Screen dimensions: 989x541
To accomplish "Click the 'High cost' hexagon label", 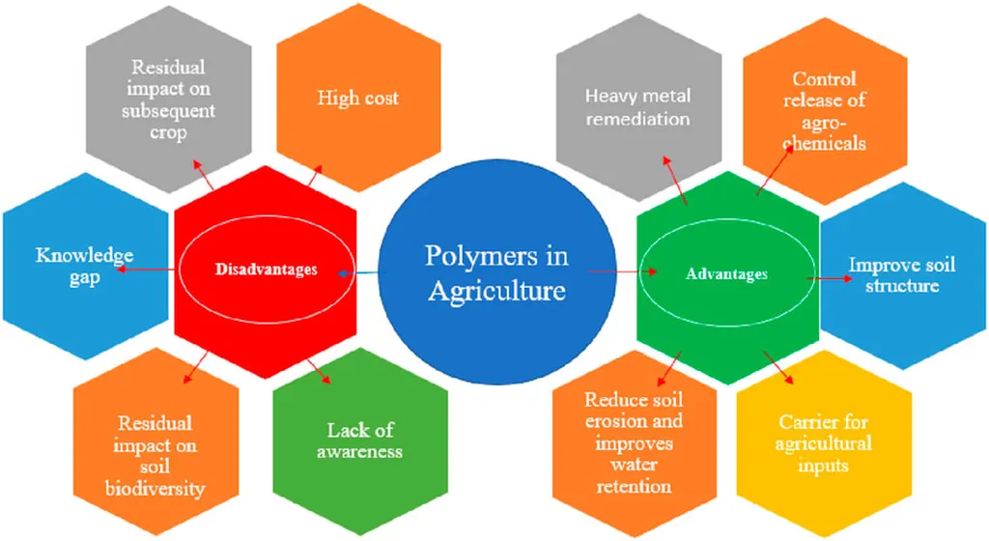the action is (357, 98).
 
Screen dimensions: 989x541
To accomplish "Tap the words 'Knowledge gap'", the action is (85, 266).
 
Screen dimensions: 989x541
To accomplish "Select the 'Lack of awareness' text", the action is (359, 441).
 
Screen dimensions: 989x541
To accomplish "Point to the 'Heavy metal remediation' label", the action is (637, 107).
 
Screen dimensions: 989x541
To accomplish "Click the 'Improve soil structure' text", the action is (902, 274).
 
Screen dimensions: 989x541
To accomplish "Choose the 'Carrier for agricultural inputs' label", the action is (823, 443).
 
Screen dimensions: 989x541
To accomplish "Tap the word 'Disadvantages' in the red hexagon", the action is (267, 270).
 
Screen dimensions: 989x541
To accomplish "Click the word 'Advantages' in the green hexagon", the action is (726, 273).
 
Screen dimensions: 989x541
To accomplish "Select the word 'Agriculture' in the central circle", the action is (497, 291).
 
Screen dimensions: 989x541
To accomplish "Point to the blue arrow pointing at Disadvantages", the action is (358, 273).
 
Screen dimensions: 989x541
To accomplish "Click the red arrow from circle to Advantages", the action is (623, 271).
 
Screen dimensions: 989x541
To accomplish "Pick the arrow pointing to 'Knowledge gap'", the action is (146, 270).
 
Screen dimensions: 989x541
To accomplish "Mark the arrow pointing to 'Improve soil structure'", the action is (830, 278).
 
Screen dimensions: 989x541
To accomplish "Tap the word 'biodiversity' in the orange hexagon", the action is (155, 489).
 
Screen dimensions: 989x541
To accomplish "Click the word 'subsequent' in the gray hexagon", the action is (168, 111).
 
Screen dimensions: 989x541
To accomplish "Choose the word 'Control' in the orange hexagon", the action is (824, 79).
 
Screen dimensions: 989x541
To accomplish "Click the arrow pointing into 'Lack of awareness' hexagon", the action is (319, 372).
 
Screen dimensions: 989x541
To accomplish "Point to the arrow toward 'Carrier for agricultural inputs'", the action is (778, 368).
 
